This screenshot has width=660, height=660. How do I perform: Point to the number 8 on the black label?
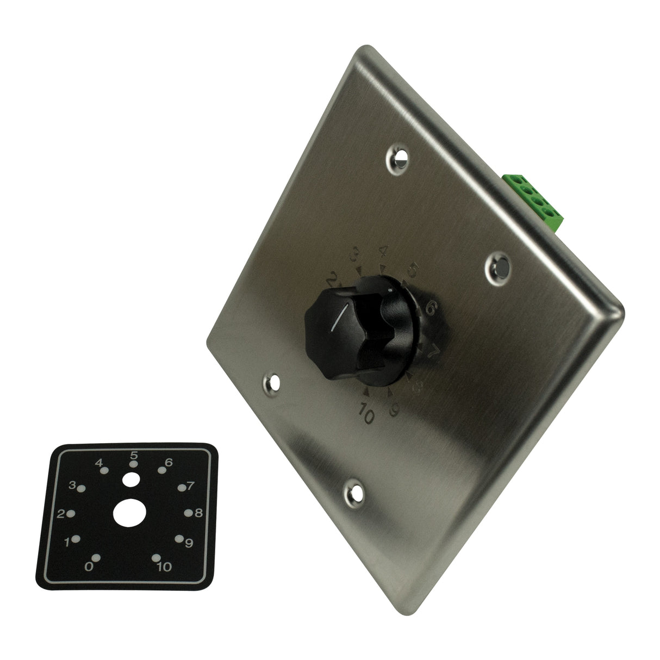199,513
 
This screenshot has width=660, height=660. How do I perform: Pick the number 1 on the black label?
67,542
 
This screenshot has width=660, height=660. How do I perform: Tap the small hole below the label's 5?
130,480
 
